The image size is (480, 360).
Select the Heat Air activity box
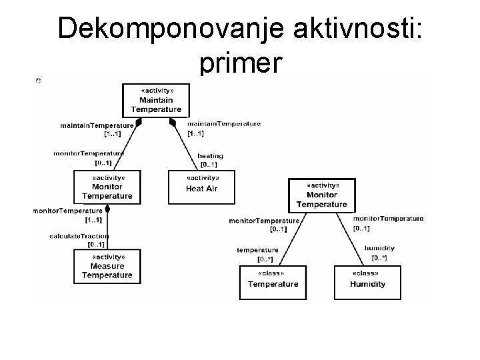[x=202, y=187]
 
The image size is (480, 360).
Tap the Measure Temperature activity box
[x=107, y=266]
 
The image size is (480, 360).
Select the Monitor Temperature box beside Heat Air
[x=107, y=187]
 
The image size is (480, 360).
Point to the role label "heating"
[x=210, y=156]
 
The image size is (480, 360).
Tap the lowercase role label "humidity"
[x=379, y=249]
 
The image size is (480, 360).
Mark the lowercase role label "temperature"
[x=258, y=250]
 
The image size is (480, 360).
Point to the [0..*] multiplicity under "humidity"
[x=379, y=257]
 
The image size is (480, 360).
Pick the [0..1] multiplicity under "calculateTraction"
[x=95, y=244]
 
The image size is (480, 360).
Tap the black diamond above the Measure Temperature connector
[x=108, y=209]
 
